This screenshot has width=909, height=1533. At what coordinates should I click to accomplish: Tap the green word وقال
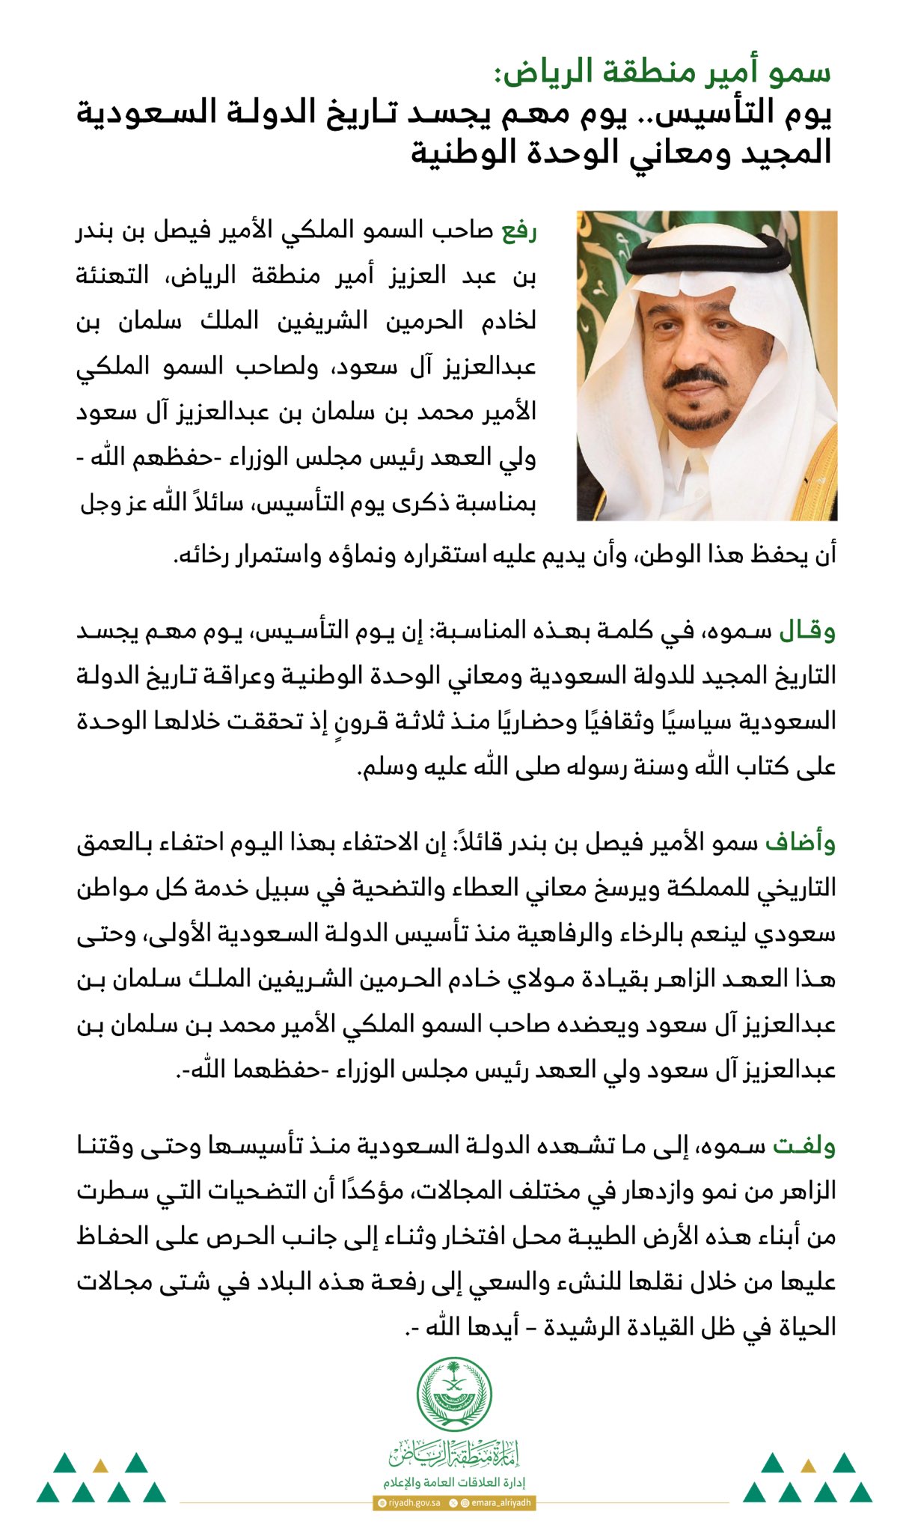point(808,631)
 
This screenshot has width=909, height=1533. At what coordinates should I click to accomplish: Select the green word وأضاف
point(801,843)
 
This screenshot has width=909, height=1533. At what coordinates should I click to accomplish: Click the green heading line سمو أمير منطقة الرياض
point(662,73)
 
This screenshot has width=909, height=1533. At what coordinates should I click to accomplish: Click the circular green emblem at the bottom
point(454,1393)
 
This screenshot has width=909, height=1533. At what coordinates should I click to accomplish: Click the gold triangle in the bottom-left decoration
point(100,1465)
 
